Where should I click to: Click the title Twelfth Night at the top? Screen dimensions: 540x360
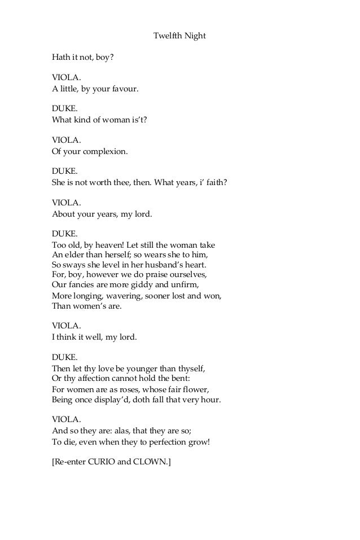point(179,36)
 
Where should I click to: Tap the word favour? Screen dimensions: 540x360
point(124,89)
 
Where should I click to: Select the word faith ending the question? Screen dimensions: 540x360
point(213,183)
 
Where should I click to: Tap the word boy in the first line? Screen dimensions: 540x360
point(100,57)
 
